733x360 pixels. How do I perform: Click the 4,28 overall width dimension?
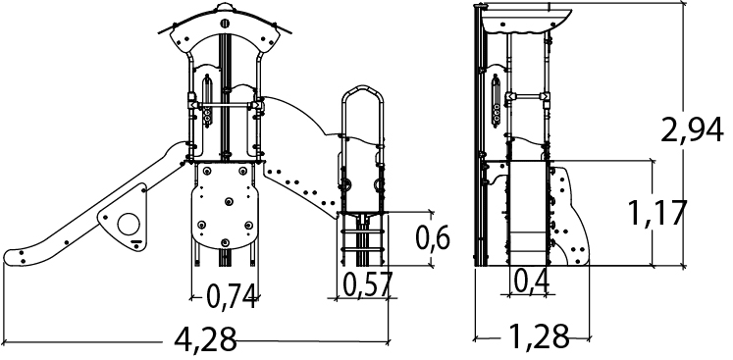[205, 339]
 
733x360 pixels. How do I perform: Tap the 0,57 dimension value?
[367, 284]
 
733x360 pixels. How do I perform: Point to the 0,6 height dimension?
[433, 238]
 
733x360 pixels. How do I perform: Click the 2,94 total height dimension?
[693, 129]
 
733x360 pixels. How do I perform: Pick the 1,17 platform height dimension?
[656, 213]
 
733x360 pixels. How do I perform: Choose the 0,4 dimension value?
[531, 281]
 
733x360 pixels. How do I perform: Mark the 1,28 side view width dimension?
[539, 336]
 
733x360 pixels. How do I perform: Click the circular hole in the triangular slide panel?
[129, 224]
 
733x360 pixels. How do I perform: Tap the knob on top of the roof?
[225, 8]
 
